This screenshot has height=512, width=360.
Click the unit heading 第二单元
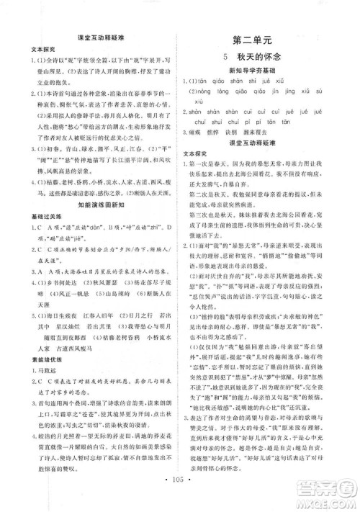[x=266, y=40]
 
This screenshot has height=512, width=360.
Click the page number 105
[x=179, y=498]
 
